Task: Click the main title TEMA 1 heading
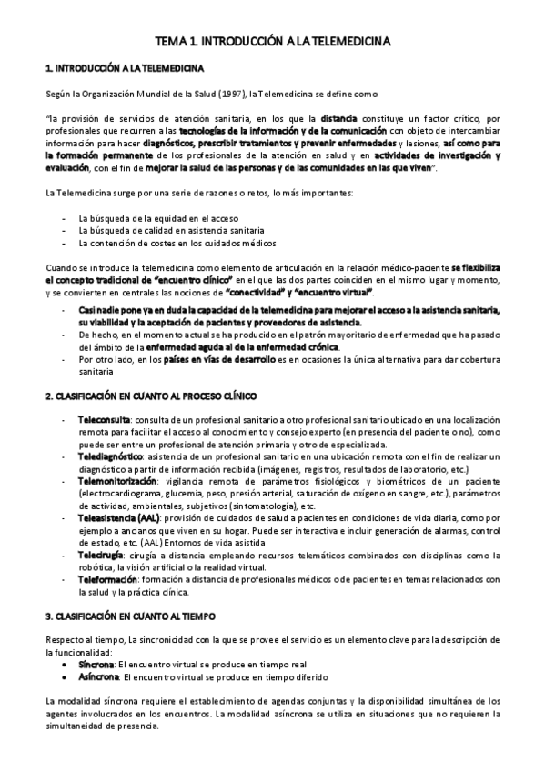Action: click(x=273, y=42)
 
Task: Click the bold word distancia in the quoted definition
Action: click(x=339, y=118)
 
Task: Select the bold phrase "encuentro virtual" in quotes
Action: click(x=344, y=292)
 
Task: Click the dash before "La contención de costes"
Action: click(x=62, y=243)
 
